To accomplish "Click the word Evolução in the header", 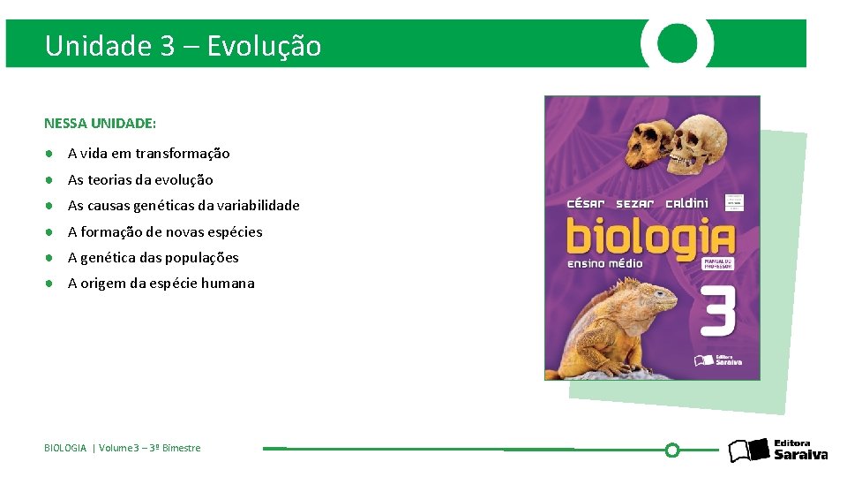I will pyautogui.click(x=264, y=45).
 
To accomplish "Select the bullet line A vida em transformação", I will pyautogui.click(x=148, y=154).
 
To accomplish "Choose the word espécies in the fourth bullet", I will pyautogui.click(x=235, y=232).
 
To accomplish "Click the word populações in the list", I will pyautogui.click(x=205, y=258).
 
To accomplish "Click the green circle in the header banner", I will pyautogui.click(x=678, y=42).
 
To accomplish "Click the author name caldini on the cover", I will pyautogui.click(x=686, y=203).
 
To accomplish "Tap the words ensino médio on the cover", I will pyautogui.click(x=605, y=263).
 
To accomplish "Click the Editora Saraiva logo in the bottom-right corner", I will pyautogui.click(x=778, y=450).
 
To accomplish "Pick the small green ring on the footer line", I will pyautogui.click(x=672, y=450).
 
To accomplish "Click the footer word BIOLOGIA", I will pyautogui.click(x=65, y=449).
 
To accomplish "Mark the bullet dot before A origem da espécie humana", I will pyautogui.click(x=52, y=284).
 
